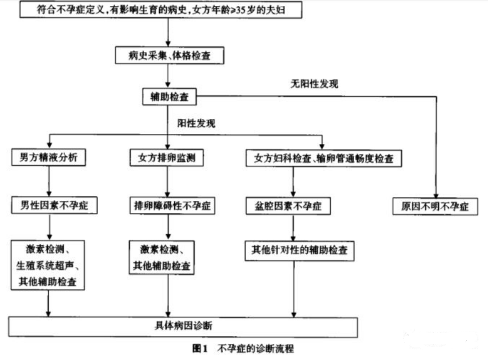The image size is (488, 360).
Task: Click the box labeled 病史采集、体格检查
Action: tap(169, 55)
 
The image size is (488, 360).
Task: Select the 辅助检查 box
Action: tap(169, 97)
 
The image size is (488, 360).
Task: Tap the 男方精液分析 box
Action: tap(48, 157)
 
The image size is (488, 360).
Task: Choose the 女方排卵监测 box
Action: tap(167, 158)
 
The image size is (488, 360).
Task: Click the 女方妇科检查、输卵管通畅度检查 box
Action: tap(324, 158)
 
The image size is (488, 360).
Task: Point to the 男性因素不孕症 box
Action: tap(54, 205)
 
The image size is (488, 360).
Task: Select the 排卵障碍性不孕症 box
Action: tap(172, 205)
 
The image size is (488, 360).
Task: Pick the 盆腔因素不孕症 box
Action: tap(288, 206)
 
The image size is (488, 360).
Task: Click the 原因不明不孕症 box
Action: tap(435, 206)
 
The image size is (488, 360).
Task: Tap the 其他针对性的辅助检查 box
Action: tap(300, 250)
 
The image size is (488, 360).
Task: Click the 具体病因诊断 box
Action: tap(183, 327)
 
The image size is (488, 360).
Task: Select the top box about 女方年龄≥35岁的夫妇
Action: tap(161, 10)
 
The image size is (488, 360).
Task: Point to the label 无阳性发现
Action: tap(314, 84)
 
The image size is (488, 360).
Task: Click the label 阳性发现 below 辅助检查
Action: tap(196, 123)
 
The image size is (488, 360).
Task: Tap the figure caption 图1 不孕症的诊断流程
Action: tap(243, 348)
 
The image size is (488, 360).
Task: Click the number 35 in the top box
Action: tap(241, 10)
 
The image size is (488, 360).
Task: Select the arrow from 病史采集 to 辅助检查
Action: tap(168, 76)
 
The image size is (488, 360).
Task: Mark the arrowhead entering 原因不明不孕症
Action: tap(436, 195)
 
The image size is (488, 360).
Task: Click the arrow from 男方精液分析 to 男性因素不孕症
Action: tap(49, 181)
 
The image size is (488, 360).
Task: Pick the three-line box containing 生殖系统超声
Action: tap(48, 265)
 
